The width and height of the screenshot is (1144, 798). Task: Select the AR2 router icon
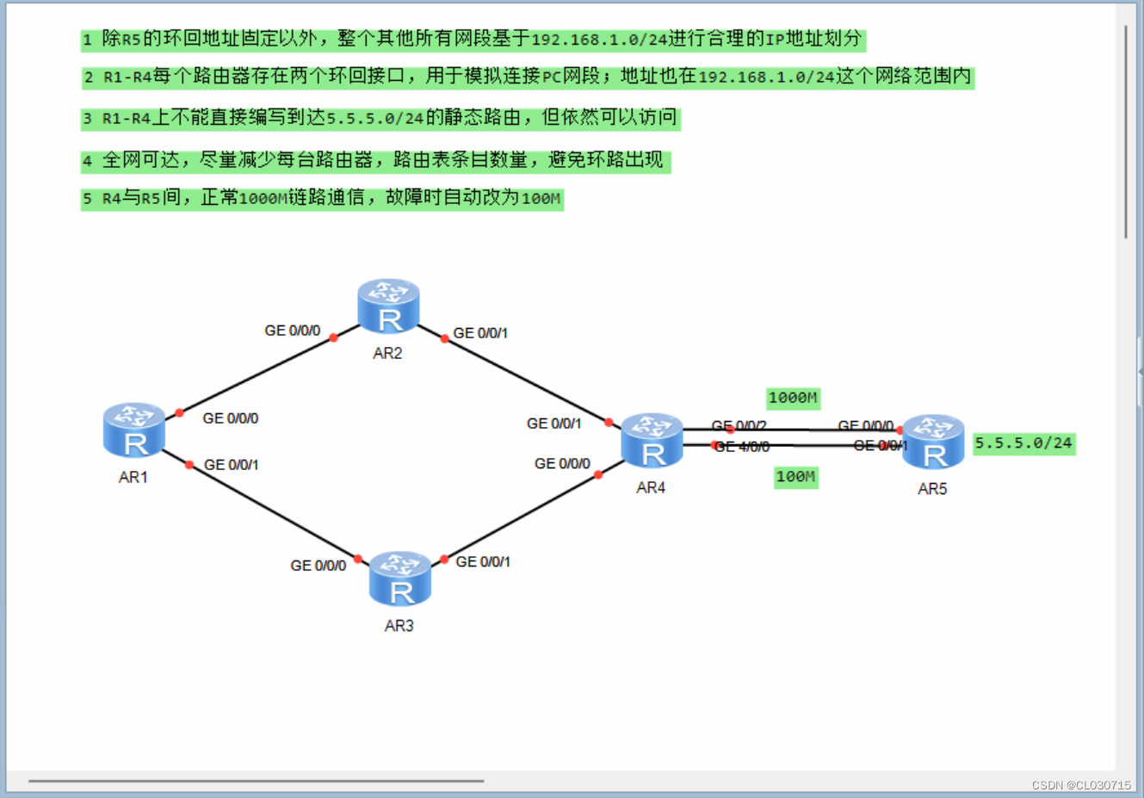[388, 306]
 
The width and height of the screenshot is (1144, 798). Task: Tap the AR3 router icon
[399, 578]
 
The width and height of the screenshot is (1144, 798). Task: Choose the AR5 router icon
[932, 442]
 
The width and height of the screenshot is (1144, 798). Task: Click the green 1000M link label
[793, 398]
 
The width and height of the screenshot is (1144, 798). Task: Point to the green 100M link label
[795, 477]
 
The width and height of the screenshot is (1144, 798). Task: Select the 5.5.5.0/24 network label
[1023, 443]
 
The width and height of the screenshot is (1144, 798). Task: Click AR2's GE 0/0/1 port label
[480, 333]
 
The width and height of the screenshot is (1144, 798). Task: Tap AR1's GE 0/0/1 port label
[231, 465]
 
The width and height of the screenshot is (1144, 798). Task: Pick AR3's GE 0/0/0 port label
[318, 566]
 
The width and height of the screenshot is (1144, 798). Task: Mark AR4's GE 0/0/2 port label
[739, 425]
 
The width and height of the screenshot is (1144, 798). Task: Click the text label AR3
[399, 626]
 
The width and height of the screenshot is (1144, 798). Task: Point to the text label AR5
[932, 489]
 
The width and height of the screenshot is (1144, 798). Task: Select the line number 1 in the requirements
[87, 40]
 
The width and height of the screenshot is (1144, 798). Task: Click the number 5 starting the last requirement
[87, 199]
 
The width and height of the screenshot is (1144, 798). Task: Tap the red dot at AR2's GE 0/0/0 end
[334, 337]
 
